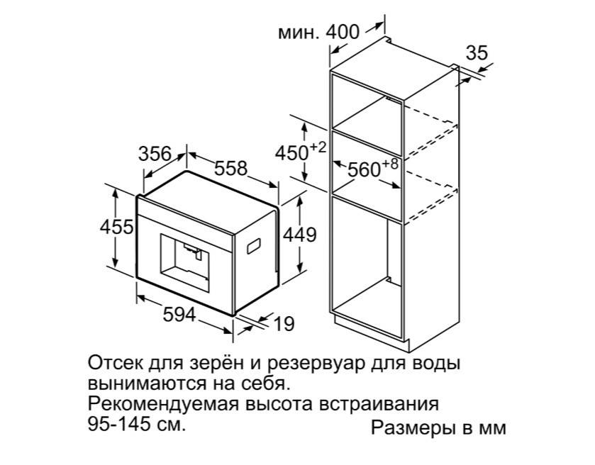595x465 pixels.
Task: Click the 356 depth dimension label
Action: [154, 154]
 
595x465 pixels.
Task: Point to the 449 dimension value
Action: [299, 235]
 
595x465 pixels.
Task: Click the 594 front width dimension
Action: [178, 316]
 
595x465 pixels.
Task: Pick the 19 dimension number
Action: [283, 325]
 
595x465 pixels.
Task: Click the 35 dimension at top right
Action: [478, 53]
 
